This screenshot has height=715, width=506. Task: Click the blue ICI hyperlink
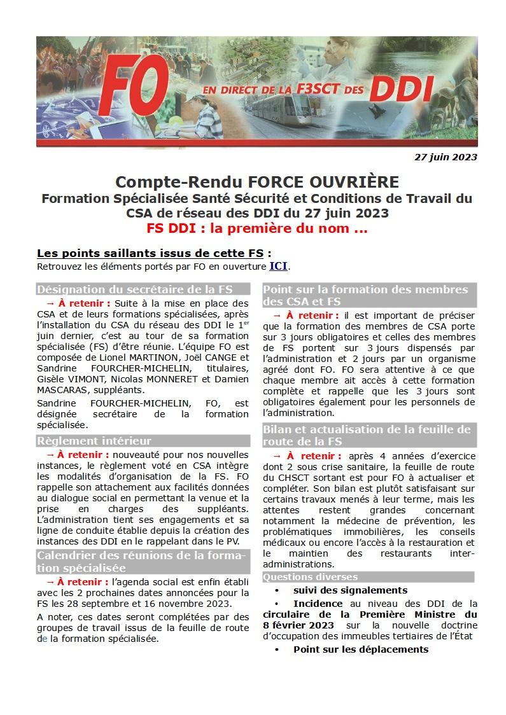click(279, 266)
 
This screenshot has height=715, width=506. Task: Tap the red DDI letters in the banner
click(400, 89)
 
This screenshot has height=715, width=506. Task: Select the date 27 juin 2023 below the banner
click(446, 156)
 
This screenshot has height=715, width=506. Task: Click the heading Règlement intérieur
click(94, 441)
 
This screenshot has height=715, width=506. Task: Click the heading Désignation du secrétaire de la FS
click(134, 289)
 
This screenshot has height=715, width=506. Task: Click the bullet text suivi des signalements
click(350, 590)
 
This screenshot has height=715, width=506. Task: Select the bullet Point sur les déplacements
click(360, 649)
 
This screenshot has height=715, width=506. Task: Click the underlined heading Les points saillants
click(104, 253)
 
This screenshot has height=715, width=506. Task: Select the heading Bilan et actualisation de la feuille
click(367, 429)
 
